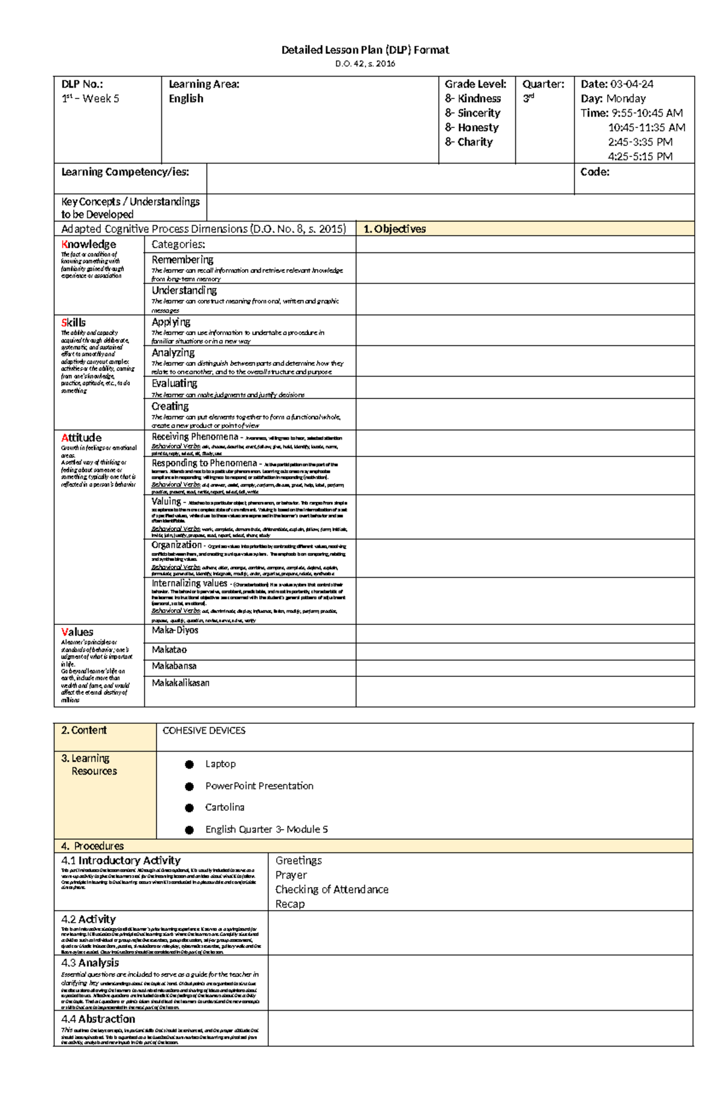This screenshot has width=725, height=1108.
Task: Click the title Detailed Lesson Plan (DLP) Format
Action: pyautogui.click(x=365, y=50)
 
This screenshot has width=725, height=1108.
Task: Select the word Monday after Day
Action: pyautogui.click(x=626, y=98)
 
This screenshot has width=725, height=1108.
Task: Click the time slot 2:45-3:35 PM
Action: pyautogui.click(x=640, y=142)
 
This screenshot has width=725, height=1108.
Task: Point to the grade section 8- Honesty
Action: pyautogui.click(x=472, y=127)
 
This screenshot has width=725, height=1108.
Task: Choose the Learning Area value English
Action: pyautogui.click(x=186, y=98)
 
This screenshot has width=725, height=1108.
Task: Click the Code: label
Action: pyautogui.click(x=594, y=172)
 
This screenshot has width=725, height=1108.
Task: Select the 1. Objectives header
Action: pyautogui.click(x=395, y=229)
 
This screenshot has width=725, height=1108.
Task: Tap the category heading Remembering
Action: pyautogui.click(x=182, y=260)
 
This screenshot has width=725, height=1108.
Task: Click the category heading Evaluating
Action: pyautogui.click(x=174, y=383)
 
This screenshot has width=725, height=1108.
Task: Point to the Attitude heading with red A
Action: pyautogui.click(x=81, y=438)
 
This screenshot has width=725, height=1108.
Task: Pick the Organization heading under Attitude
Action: pyautogui.click(x=176, y=545)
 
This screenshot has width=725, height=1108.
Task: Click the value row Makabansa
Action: pyautogui.click(x=174, y=666)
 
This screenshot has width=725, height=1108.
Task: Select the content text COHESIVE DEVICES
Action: pyautogui.click(x=204, y=731)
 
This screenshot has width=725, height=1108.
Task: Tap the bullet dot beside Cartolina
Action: pyautogui.click(x=189, y=808)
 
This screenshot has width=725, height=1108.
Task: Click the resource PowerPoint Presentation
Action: pyautogui.click(x=259, y=786)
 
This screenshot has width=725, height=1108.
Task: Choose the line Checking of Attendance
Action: pyautogui.click(x=332, y=889)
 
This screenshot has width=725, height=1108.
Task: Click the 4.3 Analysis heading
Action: pyautogui.click(x=90, y=962)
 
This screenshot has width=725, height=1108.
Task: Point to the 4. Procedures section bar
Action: pyautogui.click(x=92, y=846)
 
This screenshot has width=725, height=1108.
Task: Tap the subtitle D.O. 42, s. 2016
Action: pyautogui.click(x=365, y=63)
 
